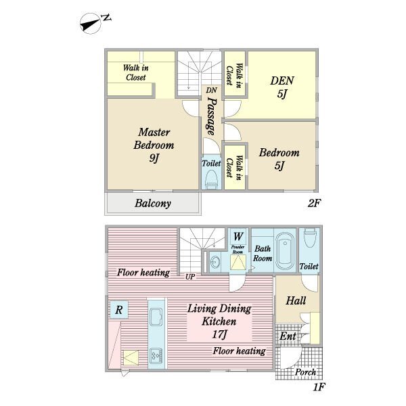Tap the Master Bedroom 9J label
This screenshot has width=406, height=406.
[x=154, y=145]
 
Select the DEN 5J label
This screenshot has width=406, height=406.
[x=282, y=87]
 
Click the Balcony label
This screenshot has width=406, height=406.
[x=153, y=203]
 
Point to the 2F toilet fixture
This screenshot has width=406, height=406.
[x=212, y=179]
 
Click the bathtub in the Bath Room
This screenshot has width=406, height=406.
[x=285, y=250]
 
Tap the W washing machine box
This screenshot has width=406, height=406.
[x=238, y=236]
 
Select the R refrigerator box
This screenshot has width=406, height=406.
[x=119, y=309]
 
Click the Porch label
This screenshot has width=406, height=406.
[x=306, y=372]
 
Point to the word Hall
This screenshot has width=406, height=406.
[x=296, y=300]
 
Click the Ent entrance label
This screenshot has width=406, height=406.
[x=288, y=336]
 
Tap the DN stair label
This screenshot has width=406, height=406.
[x=212, y=90]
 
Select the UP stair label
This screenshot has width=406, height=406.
[x=190, y=277]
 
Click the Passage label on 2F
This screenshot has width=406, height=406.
[x=212, y=116]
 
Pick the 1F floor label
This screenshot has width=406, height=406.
[x=319, y=387]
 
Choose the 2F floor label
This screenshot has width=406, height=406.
[x=314, y=203]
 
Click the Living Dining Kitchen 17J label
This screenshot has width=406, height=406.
[x=219, y=321]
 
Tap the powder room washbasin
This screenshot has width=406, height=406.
[x=215, y=262]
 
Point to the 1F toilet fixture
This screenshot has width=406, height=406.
[x=309, y=238]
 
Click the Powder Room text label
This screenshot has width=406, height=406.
[x=238, y=250]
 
